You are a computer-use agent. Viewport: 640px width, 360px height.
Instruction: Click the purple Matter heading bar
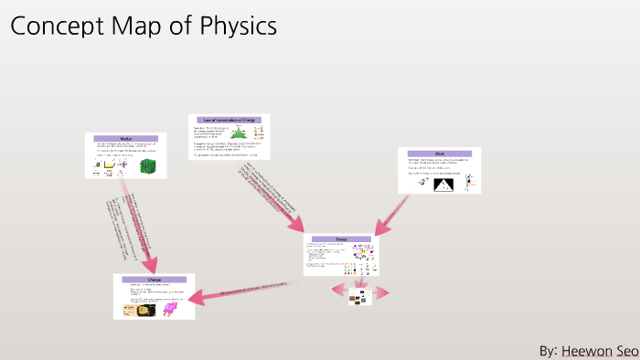[126, 138]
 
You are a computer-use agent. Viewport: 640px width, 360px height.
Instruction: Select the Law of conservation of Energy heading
[230, 120]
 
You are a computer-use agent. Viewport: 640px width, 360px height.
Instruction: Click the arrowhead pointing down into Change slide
[147, 265]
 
